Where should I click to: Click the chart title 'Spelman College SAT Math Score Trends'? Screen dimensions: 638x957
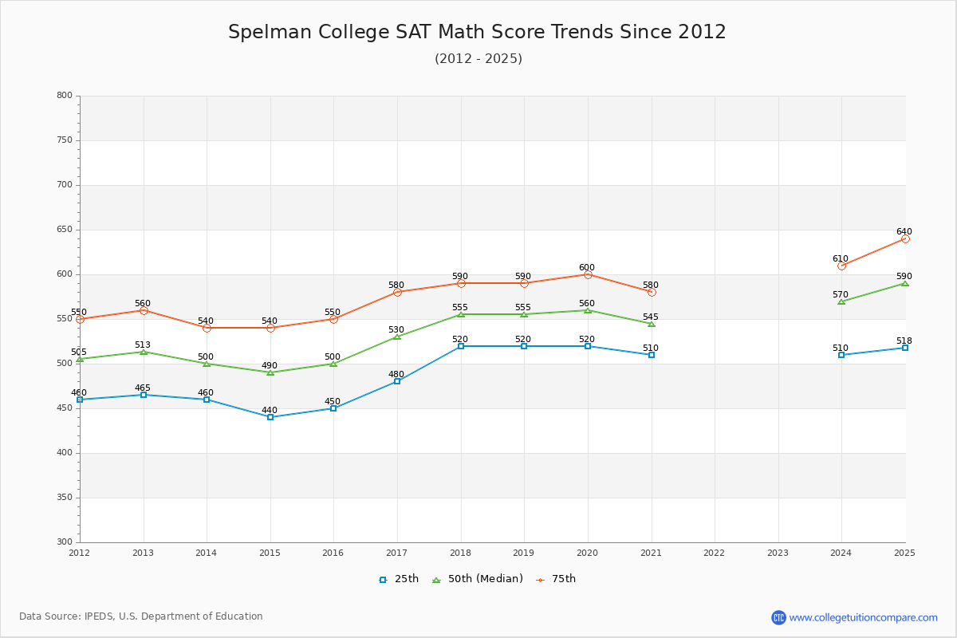pos(477,32)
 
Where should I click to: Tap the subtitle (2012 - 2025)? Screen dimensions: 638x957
pos(478,59)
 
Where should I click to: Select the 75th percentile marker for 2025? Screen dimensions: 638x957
pos(905,238)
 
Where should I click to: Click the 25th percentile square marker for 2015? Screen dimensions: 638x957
pos(270,417)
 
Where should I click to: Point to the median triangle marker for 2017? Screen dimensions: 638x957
pos(397,337)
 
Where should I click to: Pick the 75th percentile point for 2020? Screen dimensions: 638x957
pos(588,274)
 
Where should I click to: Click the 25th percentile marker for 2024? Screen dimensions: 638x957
pos(841,355)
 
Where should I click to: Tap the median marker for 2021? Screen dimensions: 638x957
pos(652,324)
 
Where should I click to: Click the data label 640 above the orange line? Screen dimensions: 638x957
pos(904,232)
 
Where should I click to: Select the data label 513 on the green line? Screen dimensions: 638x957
pos(143,345)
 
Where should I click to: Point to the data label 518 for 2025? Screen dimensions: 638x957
pos(904,341)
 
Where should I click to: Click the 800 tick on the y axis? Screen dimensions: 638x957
pos(64,96)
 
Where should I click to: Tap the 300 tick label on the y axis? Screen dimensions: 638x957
pos(64,542)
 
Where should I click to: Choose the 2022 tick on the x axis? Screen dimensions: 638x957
pos(715,553)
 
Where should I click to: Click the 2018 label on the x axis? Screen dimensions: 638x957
pos(460,553)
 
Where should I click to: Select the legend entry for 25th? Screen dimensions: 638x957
pos(399,579)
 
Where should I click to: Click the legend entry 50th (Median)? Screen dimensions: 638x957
pos(478,579)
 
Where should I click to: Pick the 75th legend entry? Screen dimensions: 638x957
pos(556,579)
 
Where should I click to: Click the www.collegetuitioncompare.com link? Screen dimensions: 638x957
pos(863,617)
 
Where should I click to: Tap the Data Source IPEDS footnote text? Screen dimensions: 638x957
pos(141,616)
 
